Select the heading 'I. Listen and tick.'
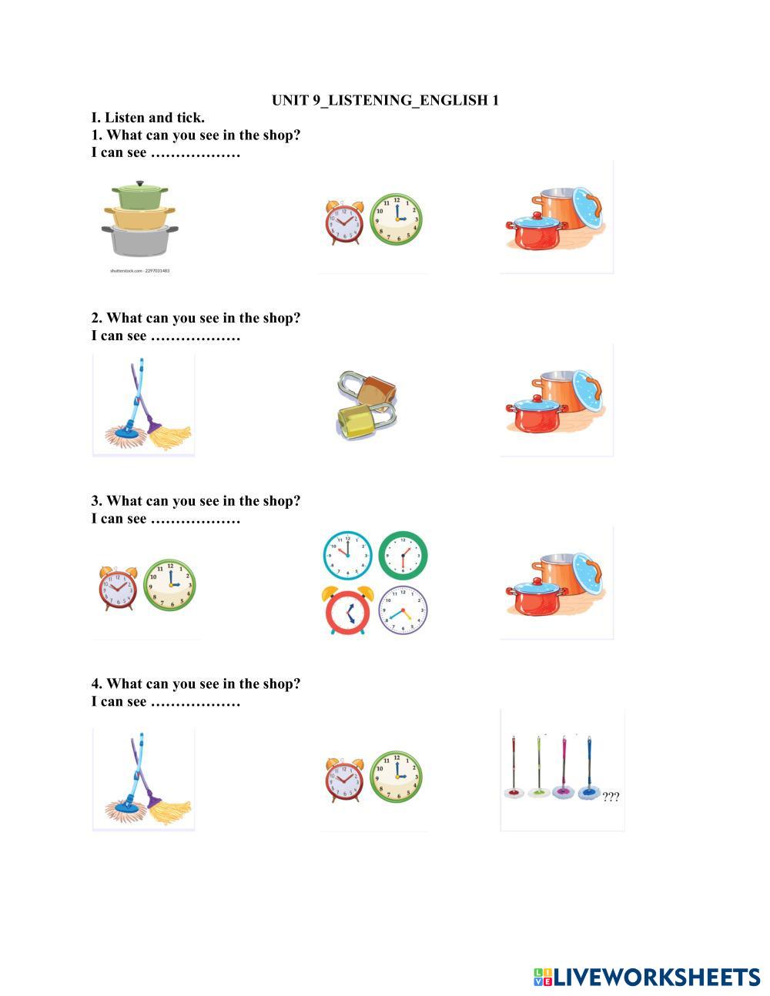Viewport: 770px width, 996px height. tap(148, 118)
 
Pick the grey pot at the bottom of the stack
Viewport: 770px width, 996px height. tap(140, 241)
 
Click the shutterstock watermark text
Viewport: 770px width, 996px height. tap(140, 271)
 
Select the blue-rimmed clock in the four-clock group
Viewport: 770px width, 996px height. tap(347, 555)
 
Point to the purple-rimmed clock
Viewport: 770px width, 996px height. tap(403, 610)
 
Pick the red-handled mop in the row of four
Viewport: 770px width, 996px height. tap(514, 774)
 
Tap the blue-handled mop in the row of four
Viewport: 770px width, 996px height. tap(589, 774)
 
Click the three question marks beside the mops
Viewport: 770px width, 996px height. tap(611, 796)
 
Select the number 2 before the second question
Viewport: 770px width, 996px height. tap(95, 318)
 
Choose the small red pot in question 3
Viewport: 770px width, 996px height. tap(536, 598)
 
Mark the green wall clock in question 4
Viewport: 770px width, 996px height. tap(396, 777)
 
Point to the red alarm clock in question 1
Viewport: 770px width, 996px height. tap(345, 222)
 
